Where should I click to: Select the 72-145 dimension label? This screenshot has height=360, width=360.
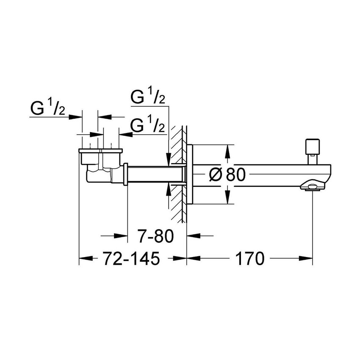pos(127,258)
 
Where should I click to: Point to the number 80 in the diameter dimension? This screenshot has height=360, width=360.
pos(235,174)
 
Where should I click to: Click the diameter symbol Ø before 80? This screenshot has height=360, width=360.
pos(216,174)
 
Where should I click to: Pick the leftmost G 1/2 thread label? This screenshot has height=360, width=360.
pos(47,110)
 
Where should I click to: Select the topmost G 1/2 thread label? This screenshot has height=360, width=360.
pos(148,97)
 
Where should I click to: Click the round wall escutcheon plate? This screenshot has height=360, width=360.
pos(190,174)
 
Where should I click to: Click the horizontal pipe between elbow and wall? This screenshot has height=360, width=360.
pos(155,174)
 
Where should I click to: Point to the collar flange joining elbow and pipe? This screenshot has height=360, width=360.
pos(125,174)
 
